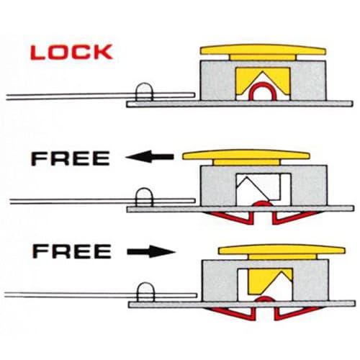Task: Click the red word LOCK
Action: (x=71, y=52)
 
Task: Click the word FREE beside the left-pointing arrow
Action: (x=71, y=158)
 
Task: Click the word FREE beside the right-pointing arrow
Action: (x=72, y=251)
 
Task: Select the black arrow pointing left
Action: (x=150, y=157)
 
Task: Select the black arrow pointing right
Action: (x=151, y=251)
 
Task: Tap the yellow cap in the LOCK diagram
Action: (x=263, y=52)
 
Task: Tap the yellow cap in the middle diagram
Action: (x=246, y=157)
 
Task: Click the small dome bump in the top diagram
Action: (x=144, y=92)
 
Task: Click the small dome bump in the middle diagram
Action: (x=144, y=197)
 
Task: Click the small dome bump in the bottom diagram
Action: (x=145, y=292)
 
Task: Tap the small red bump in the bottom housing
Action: (x=264, y=298)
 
